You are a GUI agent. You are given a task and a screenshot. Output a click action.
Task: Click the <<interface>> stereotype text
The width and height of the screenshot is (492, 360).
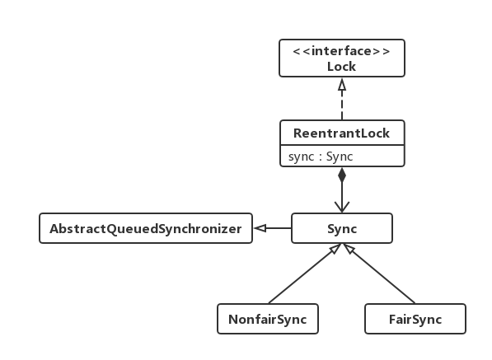pyautogui.click(x=341, y=51)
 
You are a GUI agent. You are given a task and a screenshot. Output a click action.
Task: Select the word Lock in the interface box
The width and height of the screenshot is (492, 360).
pyautogui.click(x=341, y=67)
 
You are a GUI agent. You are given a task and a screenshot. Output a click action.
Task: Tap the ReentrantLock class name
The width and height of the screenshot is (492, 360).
pyautogui.click(x=341, y=133)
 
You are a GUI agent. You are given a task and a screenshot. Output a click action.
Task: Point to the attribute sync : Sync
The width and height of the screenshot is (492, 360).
pyautogui.click(x=321, y=157)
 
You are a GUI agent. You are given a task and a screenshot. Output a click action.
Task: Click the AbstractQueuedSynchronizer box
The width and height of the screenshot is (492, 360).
pyautogui.click(x=146, y=228)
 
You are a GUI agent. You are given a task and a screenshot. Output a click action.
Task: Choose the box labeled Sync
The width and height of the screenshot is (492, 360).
pyautogui.click(x=342, y=228)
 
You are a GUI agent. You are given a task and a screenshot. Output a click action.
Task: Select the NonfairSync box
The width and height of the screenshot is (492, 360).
pyautogui.click(x=268, y=319)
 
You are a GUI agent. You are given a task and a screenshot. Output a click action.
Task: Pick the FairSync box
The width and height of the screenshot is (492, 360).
pyautogui.click(x=415, y=319)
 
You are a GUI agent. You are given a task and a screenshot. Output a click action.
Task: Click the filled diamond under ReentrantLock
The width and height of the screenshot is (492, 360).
pyautogui.click(x=342, y=175)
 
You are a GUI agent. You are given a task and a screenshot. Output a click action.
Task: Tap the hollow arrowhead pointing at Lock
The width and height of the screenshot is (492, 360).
pyautogui.click(x=342, y=85)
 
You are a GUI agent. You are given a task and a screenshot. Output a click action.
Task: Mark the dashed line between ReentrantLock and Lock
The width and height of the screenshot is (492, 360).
pyautogui.click(x=342, y=105)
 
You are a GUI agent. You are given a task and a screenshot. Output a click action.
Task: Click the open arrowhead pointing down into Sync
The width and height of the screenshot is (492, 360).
pyautogui.click(x=342, y=207)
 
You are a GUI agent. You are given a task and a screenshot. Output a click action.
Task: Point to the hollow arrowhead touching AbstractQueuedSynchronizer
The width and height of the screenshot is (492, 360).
pyautogui.click(x=260, y=228)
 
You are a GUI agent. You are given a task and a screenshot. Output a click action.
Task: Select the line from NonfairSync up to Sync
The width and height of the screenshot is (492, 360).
pyautogui.click(x=302, y=275)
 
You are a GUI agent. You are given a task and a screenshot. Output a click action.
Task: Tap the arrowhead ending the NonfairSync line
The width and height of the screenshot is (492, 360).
pyautogui.click(x=335, y=249)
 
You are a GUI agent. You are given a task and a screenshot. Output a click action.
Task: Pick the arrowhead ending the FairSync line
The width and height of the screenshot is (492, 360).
pyautogui.click(x=349, y=249)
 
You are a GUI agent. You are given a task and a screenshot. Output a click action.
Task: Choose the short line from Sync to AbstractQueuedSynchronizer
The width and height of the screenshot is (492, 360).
pyautogui.click(x=279, y=228)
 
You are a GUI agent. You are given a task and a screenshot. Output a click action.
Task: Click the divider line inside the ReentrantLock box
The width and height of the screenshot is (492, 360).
pyautogui.click(x=342, y=145)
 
